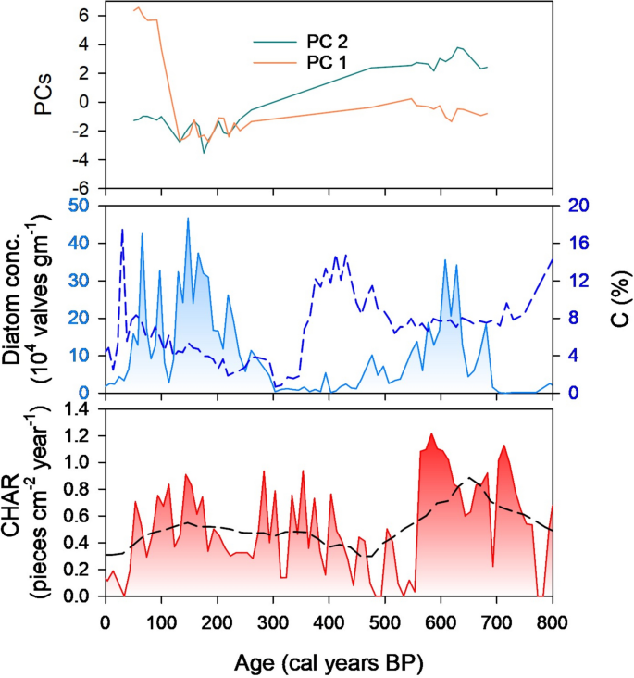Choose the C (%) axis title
point(614,298)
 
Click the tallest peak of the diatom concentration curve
point(188,218)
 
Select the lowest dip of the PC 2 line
point(205,153)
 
